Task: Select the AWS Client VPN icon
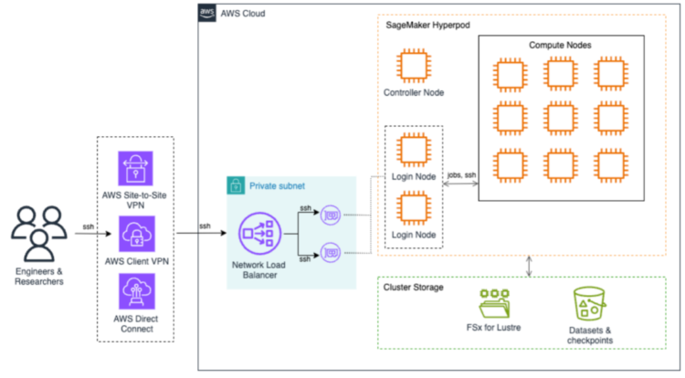point(136,233)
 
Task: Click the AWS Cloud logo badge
point(206,12)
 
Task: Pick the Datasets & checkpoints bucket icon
point(589,305)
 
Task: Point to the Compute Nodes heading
point(561,45)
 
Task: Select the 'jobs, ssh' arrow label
point(461,174)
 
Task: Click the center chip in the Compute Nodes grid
point(561,119)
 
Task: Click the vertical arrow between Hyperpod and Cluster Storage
point(531,266)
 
